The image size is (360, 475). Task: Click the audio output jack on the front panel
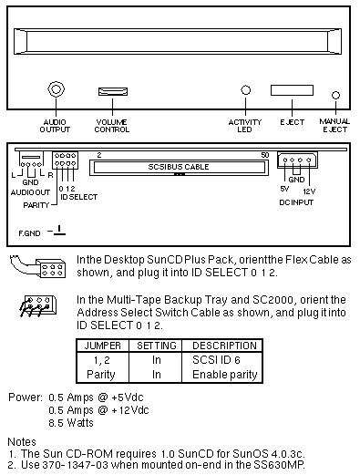point(56,89)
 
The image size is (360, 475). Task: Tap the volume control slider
point(113,91)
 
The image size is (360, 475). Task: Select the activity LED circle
point(245,90)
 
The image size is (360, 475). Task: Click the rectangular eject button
point(292,90)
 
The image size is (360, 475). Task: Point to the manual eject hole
point(335,95)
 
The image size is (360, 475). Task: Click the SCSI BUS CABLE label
point(179,167)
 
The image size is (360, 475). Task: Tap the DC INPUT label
point(296,202)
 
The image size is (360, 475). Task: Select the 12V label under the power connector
point(309,191)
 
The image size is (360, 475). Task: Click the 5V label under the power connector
point(284,189)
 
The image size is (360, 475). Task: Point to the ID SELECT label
point(79,197)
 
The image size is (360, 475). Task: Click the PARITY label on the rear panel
point(36,205)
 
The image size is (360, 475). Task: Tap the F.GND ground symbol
point(57,231)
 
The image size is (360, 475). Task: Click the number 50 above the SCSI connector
point(265,155)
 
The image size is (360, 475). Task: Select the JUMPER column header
point(102,346)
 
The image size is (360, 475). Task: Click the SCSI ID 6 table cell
point(216,360)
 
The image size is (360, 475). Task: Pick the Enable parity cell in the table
point(225,375)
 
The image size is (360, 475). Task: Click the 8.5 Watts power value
point(71,423)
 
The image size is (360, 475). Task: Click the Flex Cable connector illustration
point(37,266)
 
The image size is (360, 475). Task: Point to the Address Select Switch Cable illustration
point(37,306)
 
